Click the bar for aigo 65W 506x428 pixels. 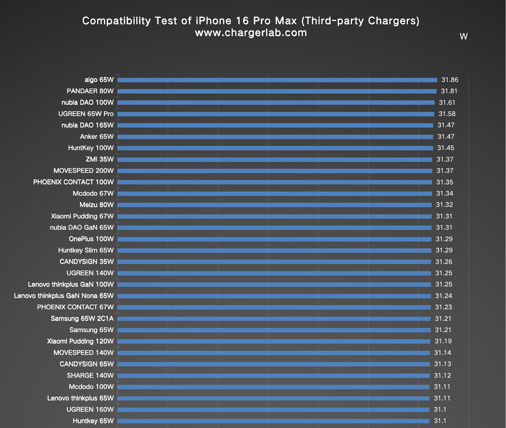277,80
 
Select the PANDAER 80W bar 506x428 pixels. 277,91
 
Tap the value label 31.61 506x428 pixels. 447,103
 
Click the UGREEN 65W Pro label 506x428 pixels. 86,114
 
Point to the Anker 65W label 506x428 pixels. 97,137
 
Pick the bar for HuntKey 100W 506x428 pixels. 275,148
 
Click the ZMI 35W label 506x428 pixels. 100,160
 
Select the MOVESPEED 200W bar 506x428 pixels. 275,171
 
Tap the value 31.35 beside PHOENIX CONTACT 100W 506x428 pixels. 445,182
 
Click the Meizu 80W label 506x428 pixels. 97,205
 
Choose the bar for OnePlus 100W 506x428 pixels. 274,239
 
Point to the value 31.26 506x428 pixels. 444,262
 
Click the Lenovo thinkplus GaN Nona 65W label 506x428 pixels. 64,296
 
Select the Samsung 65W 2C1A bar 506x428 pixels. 274,319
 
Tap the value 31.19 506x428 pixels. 443,341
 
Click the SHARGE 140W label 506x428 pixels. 90,376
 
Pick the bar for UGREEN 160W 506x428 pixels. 273,410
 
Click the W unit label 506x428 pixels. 463,36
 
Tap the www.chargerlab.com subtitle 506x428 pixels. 251,33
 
